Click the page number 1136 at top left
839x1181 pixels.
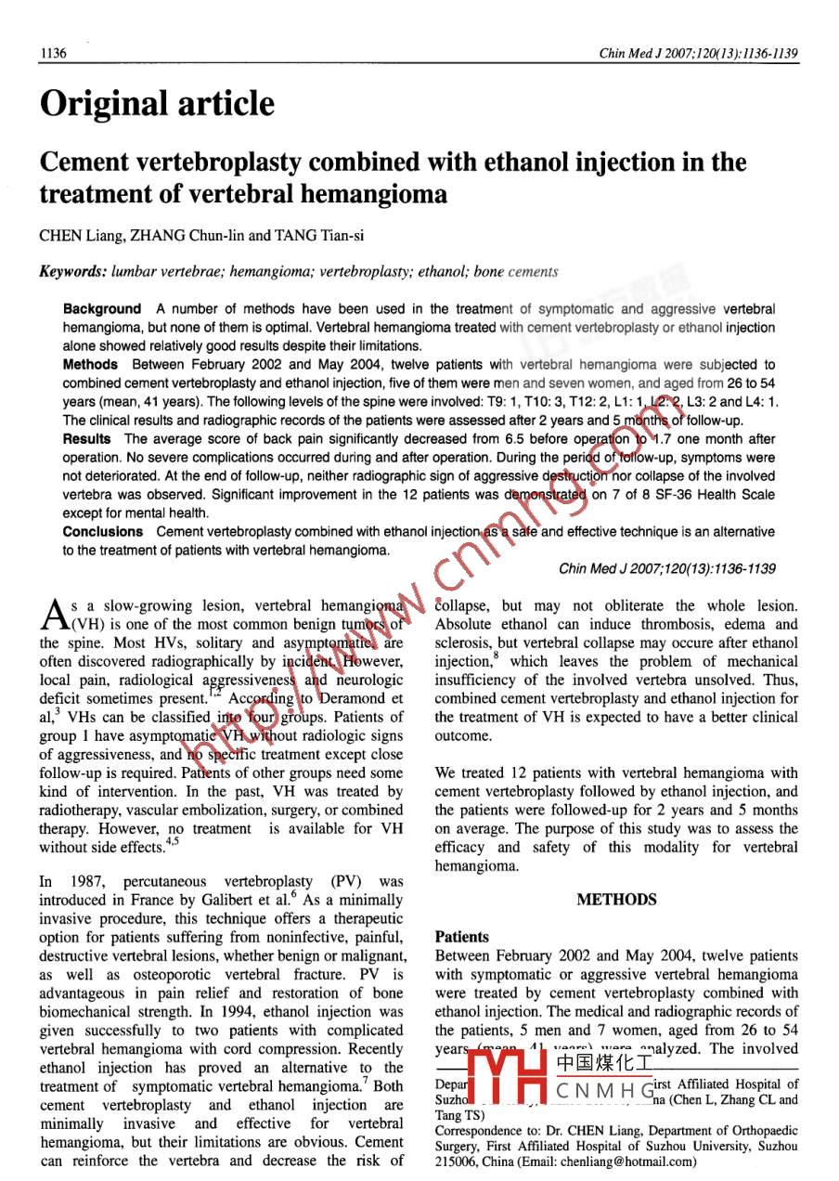click(x=53, y=54)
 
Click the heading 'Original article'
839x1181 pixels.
click(x=156, y=103)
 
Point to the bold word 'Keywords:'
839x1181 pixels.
click(x=72, y=272)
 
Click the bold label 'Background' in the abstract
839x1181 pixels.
click(x=102, y=309)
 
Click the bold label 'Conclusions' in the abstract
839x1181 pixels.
click(x=103, y=532)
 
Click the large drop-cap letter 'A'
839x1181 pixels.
click(x=54, y=613)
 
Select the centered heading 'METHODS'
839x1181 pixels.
click(x=616, y=900)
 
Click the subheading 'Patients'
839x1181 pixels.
click(x=461, y=937)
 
